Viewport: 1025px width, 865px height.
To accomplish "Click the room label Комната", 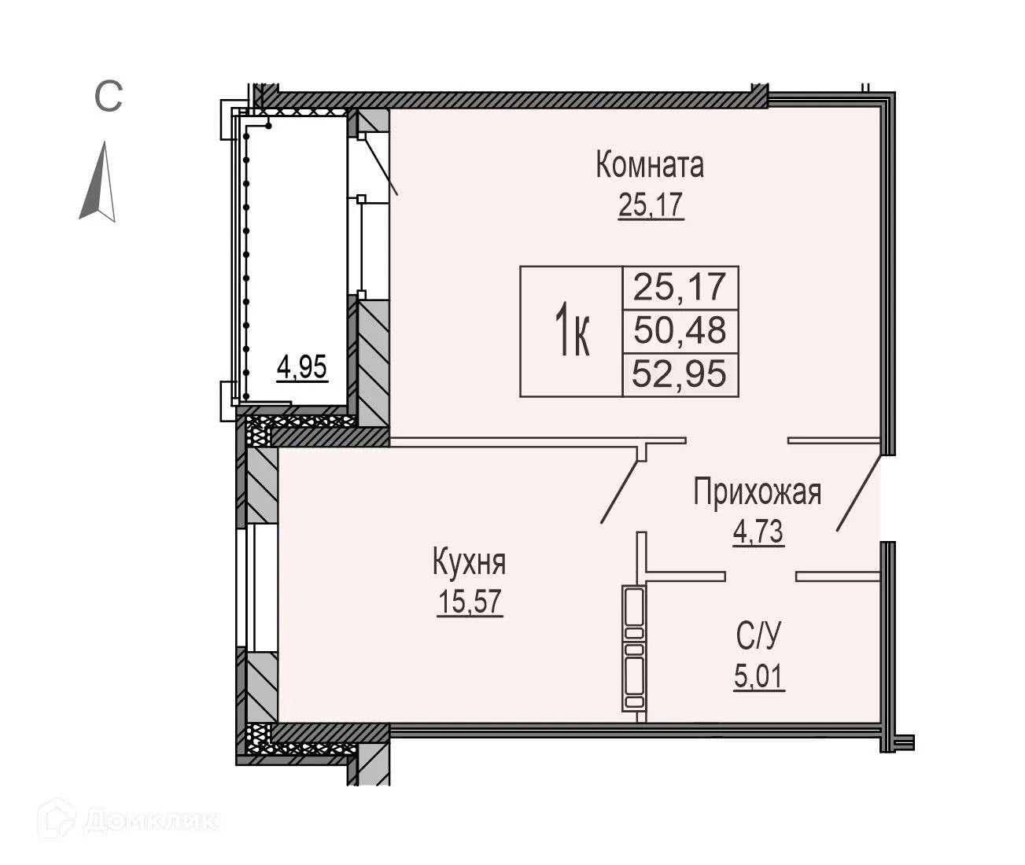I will [x=650, y=165].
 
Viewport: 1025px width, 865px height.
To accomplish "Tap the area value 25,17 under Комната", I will [x=651, y=206].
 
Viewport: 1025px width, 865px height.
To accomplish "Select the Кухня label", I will [x=469, y=563].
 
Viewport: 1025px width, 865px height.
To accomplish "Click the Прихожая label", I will [x=757, y=493].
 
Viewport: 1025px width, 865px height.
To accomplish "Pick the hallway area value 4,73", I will [x=758, y=532].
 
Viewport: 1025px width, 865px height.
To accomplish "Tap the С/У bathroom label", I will [x=760, y=635].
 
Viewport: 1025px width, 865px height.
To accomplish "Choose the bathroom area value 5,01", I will [x=760, y=676].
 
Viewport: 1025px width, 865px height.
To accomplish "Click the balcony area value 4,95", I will [x=301, y=367].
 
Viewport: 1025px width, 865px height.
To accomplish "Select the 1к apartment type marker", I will [x=572, y=331].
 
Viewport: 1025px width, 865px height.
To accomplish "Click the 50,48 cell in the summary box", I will [x=680, y=330].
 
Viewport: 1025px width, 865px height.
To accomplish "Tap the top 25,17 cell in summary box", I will [x=680, y=286].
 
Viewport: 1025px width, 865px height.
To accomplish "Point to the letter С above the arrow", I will [x=108, y=98].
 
